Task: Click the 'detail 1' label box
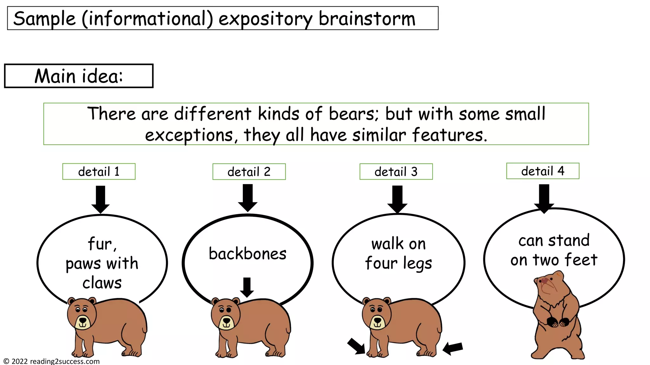99,172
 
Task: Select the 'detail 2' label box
249,172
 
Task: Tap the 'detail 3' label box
396,172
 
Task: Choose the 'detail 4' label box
542,171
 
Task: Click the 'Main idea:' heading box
78,76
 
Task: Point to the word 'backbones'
248,254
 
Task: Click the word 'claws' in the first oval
102,283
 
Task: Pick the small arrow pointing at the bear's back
247,287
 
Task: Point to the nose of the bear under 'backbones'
227,320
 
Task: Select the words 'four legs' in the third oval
398,263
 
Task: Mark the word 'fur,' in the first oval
102,244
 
